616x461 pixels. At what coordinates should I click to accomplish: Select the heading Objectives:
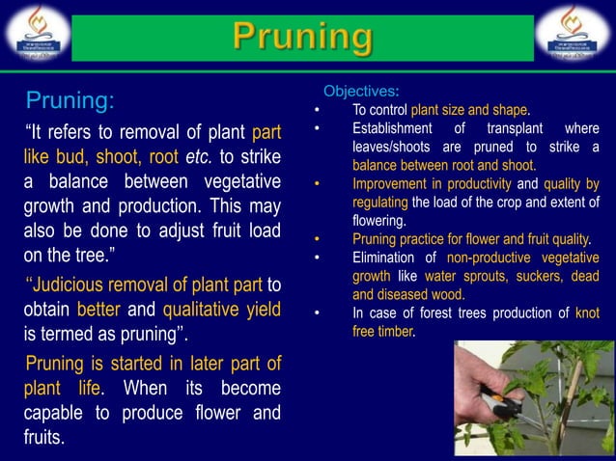(360, 92)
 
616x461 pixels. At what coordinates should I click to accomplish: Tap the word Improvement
(395, 184)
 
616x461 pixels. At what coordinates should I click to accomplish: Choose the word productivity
(479, 184)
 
